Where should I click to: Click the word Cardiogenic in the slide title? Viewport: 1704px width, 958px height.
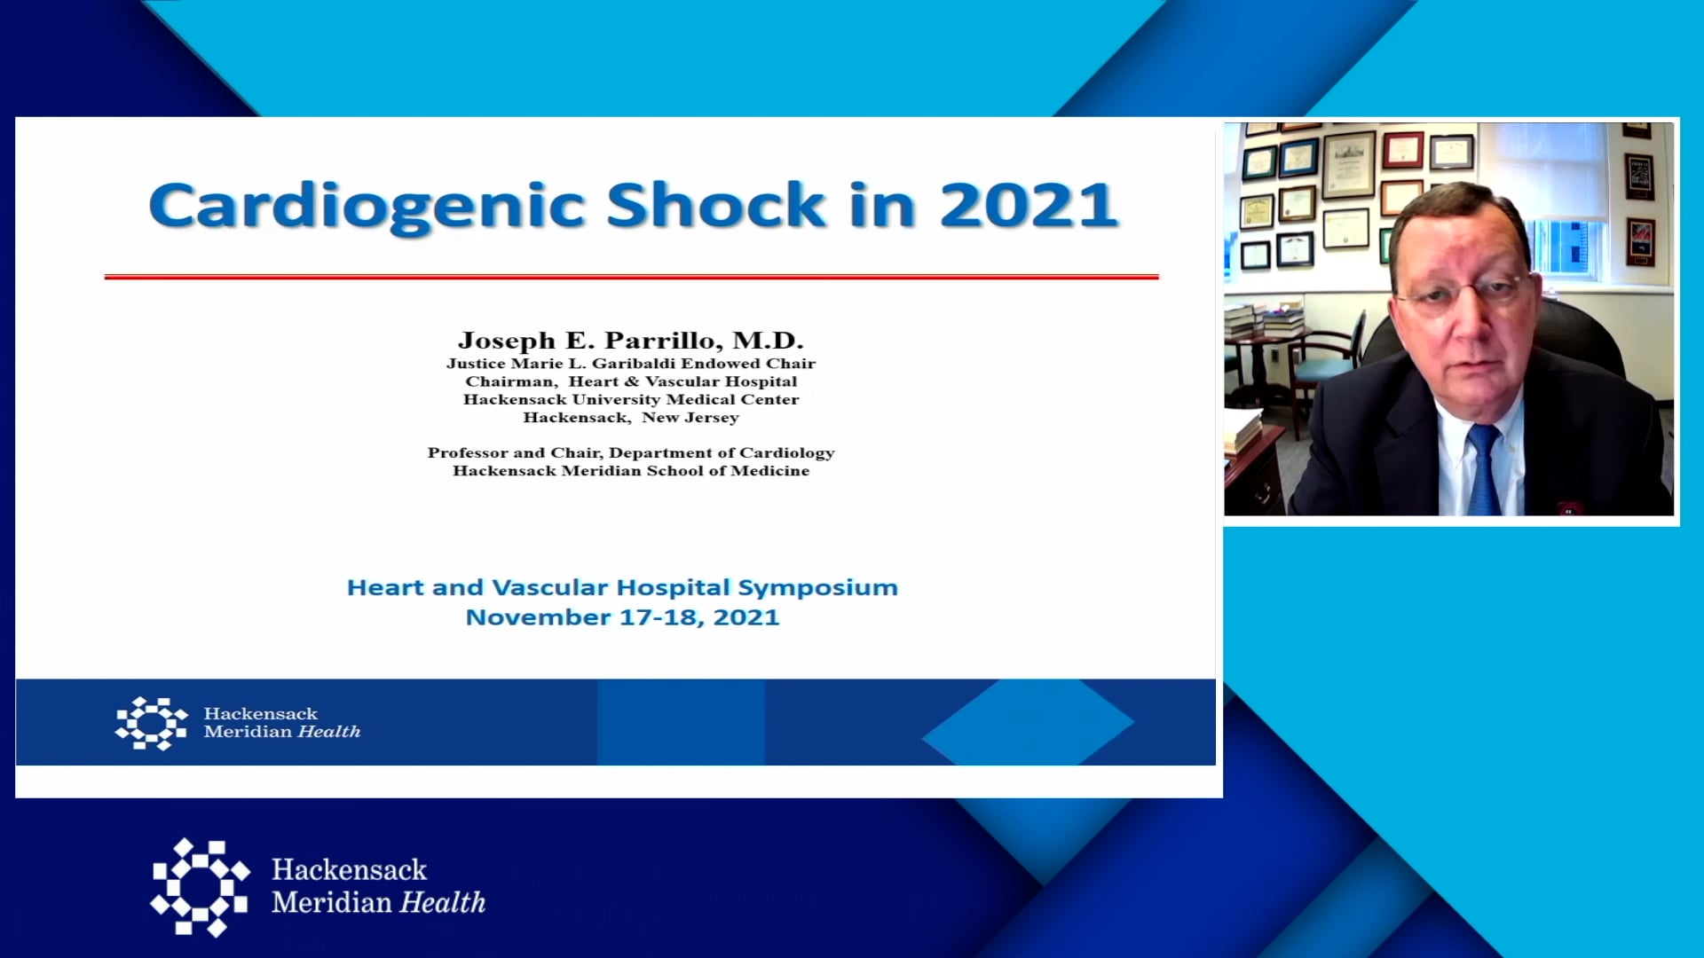(x=367, y=207)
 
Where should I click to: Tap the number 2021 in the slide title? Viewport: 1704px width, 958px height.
(x=1029, y=205)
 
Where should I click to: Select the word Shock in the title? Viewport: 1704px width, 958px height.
(x=716, y=205)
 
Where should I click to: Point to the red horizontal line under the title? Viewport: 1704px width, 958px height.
(x=631, y=277)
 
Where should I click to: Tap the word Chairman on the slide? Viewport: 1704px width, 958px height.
(x=511, y=381)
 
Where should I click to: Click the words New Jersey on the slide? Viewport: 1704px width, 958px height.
(x=690, y=418)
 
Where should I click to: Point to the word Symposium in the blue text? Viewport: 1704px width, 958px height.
(x=817, y=588)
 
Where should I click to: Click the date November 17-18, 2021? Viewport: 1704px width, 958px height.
(x=622, y=617)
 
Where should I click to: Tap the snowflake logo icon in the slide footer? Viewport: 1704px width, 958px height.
(x=152, y=723)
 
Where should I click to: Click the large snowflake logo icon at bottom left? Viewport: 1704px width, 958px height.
(x=200, y=886)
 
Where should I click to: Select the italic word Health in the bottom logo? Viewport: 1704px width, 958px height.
(x=443, y=902)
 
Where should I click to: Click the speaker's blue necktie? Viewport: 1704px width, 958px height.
(x=1483, y=471)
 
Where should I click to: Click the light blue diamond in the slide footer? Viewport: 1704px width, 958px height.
(x=1028, y=722)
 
